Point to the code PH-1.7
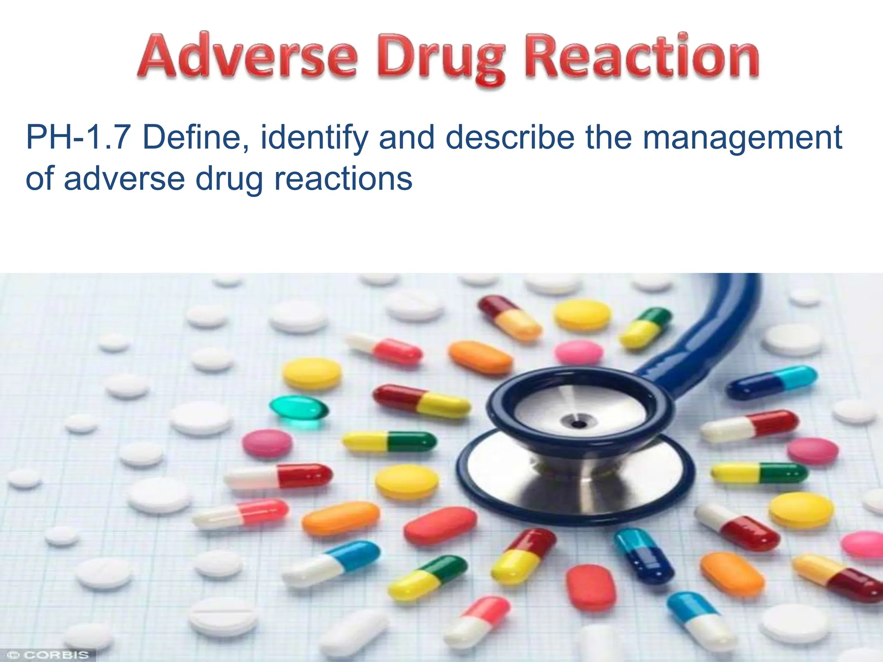78,137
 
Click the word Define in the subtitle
195,137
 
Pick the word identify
314,138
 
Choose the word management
742,138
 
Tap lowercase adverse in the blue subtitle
125,178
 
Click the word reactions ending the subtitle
343,178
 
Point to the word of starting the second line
40,178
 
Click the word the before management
609,137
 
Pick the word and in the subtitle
407,137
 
